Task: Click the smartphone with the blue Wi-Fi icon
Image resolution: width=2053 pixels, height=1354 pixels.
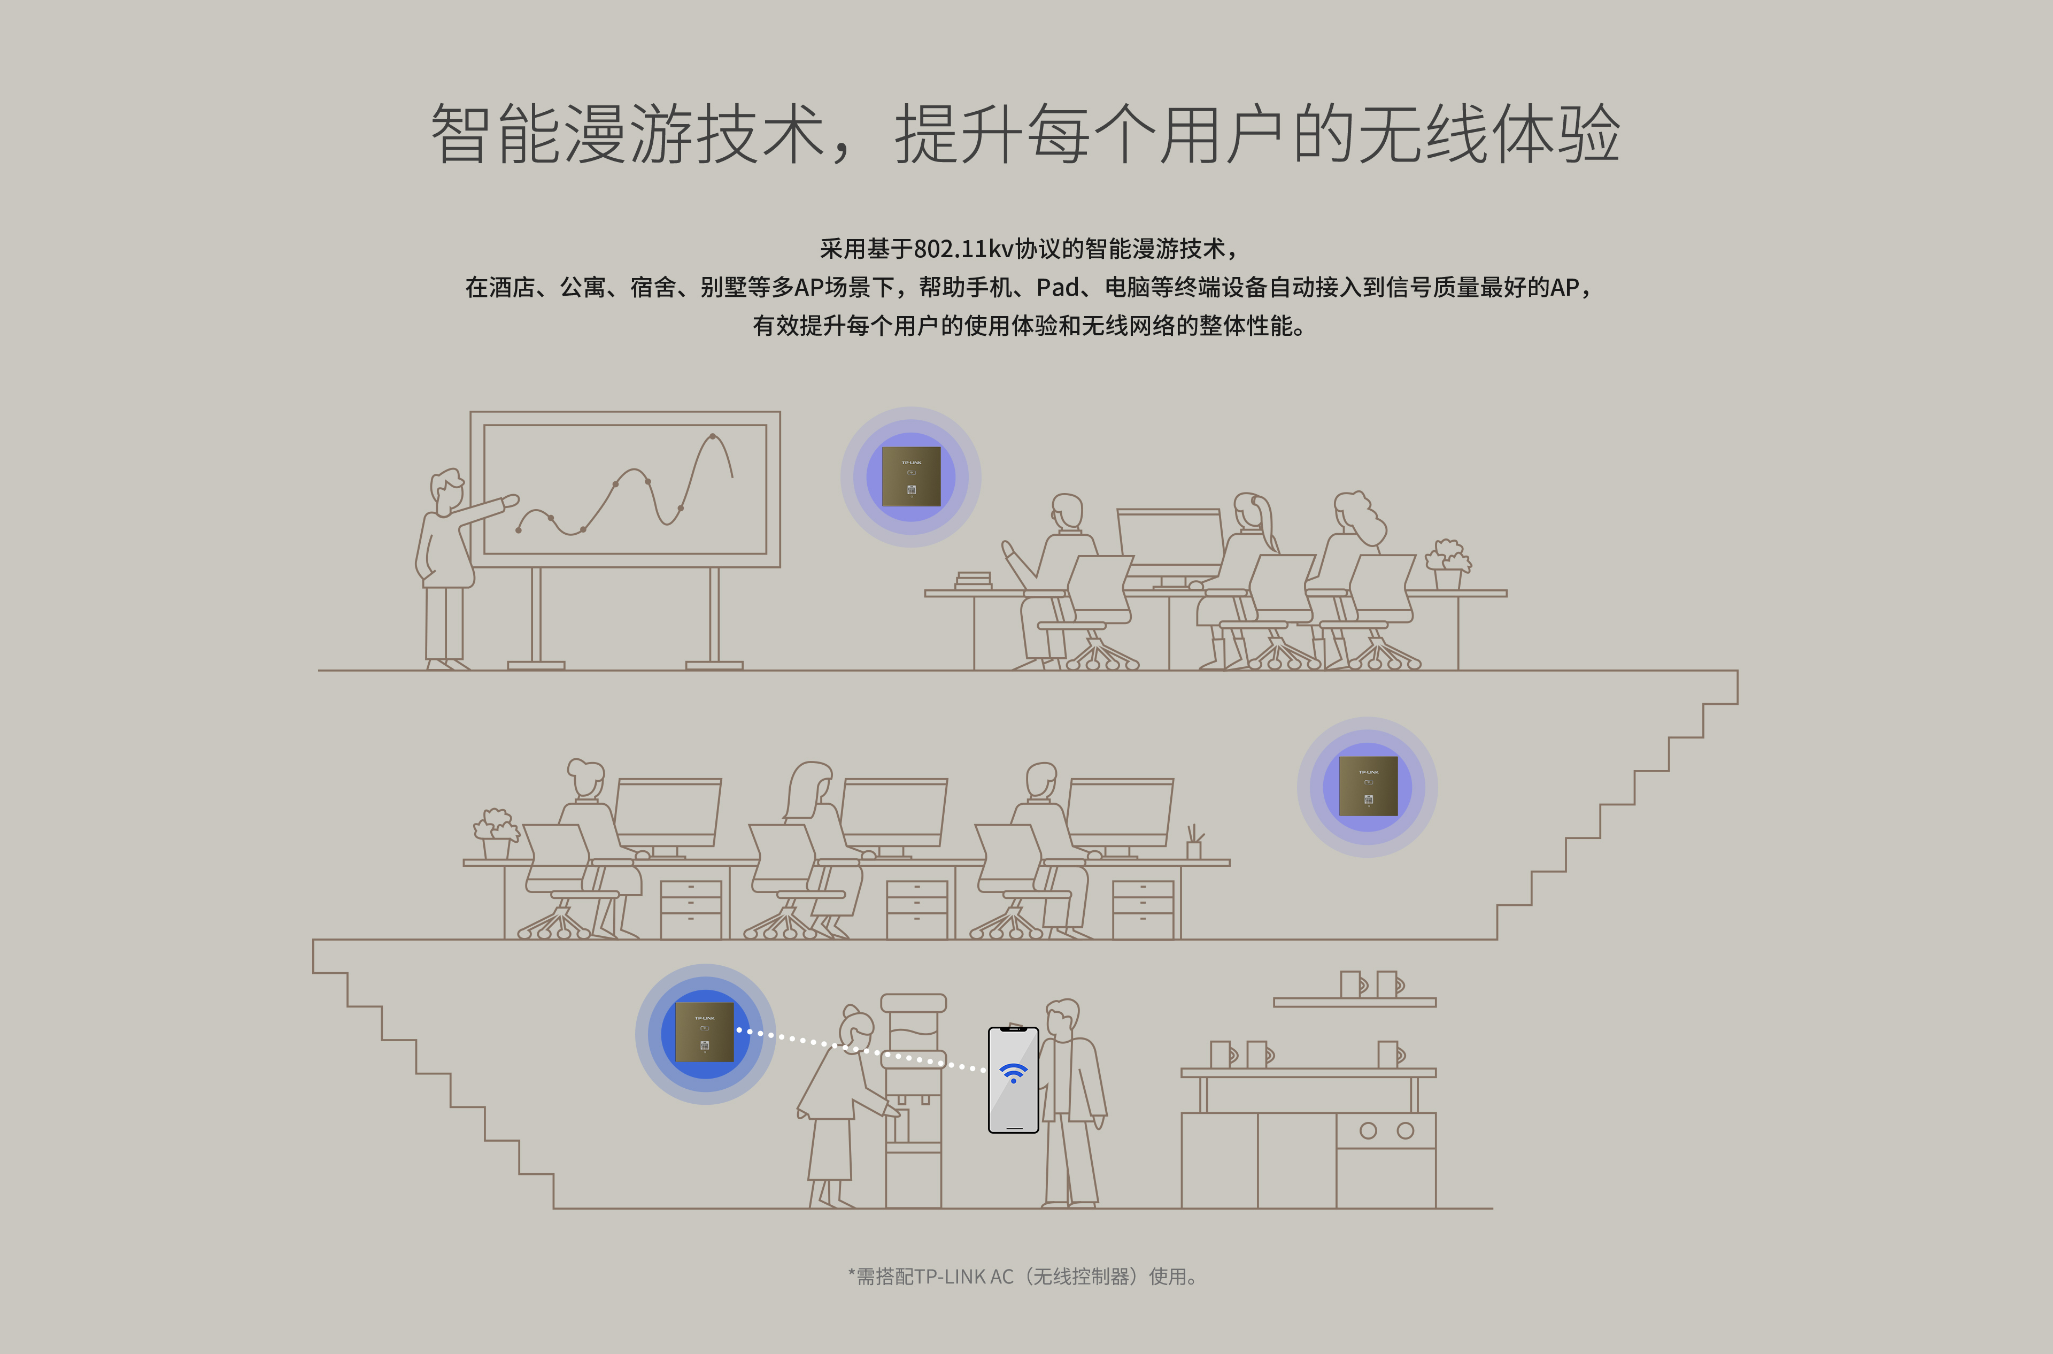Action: [x=1013, y=1079]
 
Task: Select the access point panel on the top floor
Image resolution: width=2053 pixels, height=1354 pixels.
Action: [x=911, y=476]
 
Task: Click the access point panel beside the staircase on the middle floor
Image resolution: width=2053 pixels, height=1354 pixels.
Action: [x=1368, y=786]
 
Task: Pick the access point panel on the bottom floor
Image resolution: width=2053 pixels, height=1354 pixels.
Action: [x=705, y=1032]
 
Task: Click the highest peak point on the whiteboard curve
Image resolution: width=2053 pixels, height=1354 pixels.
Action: [x=712, y=436]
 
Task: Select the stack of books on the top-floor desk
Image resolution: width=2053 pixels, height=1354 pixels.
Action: [x=974, y=581]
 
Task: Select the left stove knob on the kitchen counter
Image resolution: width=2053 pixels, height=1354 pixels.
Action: [x=1368, y=1130]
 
